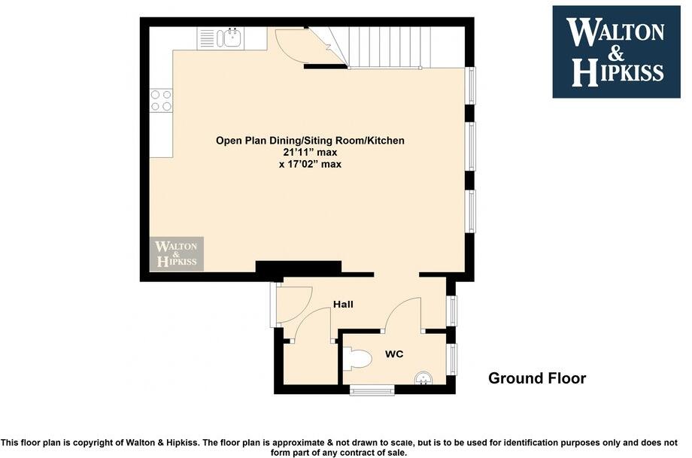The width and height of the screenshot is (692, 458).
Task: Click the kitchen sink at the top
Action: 232,38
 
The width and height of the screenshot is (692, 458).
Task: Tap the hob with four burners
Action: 161,100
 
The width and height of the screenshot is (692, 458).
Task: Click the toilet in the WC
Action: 357,359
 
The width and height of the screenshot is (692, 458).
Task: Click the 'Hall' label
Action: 343,305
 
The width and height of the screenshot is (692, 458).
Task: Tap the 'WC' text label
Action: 395,353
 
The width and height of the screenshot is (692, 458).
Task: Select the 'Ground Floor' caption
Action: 536,378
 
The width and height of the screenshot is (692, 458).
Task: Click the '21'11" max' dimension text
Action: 310,152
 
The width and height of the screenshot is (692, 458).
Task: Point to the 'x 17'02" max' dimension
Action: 310,164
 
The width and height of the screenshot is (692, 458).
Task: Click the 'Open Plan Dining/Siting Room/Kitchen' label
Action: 310,140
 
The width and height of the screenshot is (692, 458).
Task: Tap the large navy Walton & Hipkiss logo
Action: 616,52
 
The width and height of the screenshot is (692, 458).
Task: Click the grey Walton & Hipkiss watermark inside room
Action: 177,254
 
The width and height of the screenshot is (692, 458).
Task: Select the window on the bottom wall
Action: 372,390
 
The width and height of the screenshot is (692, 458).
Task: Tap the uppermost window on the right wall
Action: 471,86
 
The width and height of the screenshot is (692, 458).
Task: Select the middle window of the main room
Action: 471,146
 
